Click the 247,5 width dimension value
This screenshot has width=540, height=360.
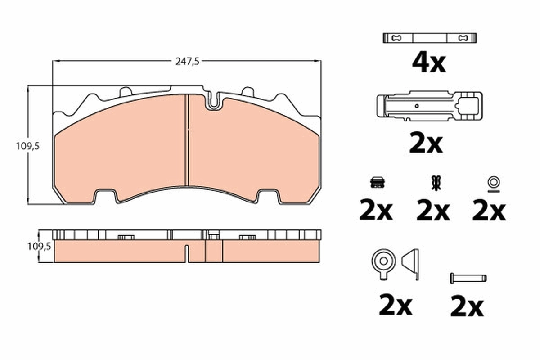pos(187,62)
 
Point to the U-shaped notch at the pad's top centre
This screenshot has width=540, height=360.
pos(214,101)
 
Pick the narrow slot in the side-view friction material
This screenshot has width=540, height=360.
pos(187,253)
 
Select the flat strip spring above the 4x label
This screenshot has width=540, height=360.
pos(429,38)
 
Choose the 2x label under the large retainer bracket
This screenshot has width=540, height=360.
pos(426,144)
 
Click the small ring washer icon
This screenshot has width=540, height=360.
pos(493,182)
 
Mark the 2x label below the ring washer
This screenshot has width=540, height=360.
pos(489,211)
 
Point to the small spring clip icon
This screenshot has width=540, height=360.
pos(434,182)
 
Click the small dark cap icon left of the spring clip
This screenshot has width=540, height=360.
pos(377,182)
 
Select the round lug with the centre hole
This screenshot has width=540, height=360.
pos(383,261)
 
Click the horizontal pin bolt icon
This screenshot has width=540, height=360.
pos(468,278)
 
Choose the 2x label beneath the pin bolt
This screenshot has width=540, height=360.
pos(467,307)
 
